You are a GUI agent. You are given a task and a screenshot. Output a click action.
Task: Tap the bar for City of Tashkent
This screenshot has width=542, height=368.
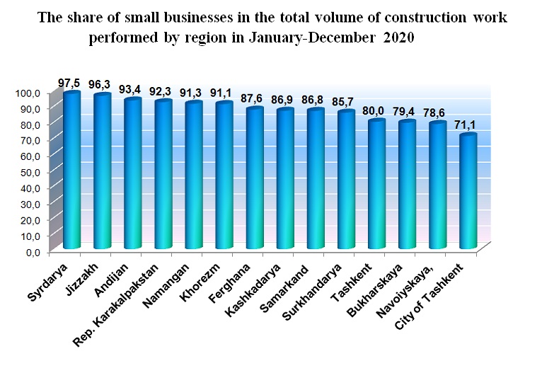tap(468, 191)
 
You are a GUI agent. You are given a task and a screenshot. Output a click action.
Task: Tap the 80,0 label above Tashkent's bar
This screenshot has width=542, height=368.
tap(376, 110)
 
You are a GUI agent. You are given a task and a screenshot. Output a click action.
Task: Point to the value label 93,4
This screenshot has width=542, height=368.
tap(132, 89)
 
